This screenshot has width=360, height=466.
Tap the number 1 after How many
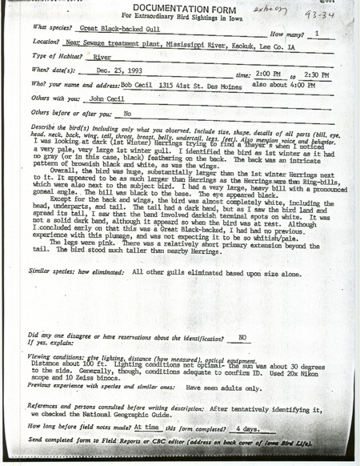[x=320, y=34]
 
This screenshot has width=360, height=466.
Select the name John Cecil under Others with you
[x=87, y=98]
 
